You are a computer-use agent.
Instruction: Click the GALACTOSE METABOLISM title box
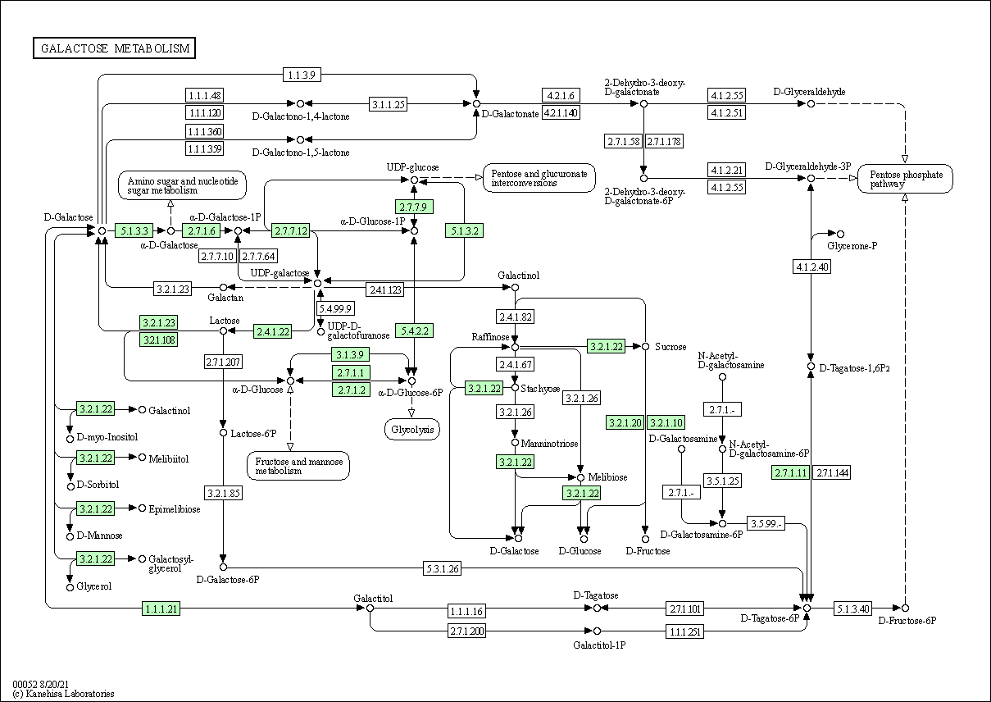(114, 48)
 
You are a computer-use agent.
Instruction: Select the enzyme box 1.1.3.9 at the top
(302, 75)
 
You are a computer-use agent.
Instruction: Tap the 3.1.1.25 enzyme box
(388, 104)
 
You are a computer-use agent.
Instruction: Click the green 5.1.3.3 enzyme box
(134, 230)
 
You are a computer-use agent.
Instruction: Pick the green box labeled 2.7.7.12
(290, 230)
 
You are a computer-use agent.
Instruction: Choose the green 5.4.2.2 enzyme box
(414, 330)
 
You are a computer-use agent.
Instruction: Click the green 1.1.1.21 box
(161, 609)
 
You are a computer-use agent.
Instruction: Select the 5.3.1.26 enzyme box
(443, 568)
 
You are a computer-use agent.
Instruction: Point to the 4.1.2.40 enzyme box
(811, 267)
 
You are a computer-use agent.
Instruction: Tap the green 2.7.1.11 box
(791, 472)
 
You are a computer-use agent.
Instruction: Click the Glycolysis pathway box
(412, 430)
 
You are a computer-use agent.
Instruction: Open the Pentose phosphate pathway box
(905, 179)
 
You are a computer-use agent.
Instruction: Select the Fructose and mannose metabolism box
(298, 466)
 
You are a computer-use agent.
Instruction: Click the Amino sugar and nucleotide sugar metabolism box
(182, 185)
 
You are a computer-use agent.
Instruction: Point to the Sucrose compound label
(671, 347)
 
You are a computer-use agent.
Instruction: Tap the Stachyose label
(540, 389)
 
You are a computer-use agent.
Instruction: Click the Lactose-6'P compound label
(253, 433)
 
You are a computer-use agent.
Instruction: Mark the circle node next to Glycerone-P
(840, 234)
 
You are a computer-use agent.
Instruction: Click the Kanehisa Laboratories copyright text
(63, 694)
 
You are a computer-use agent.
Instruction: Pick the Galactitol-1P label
(599, 645)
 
